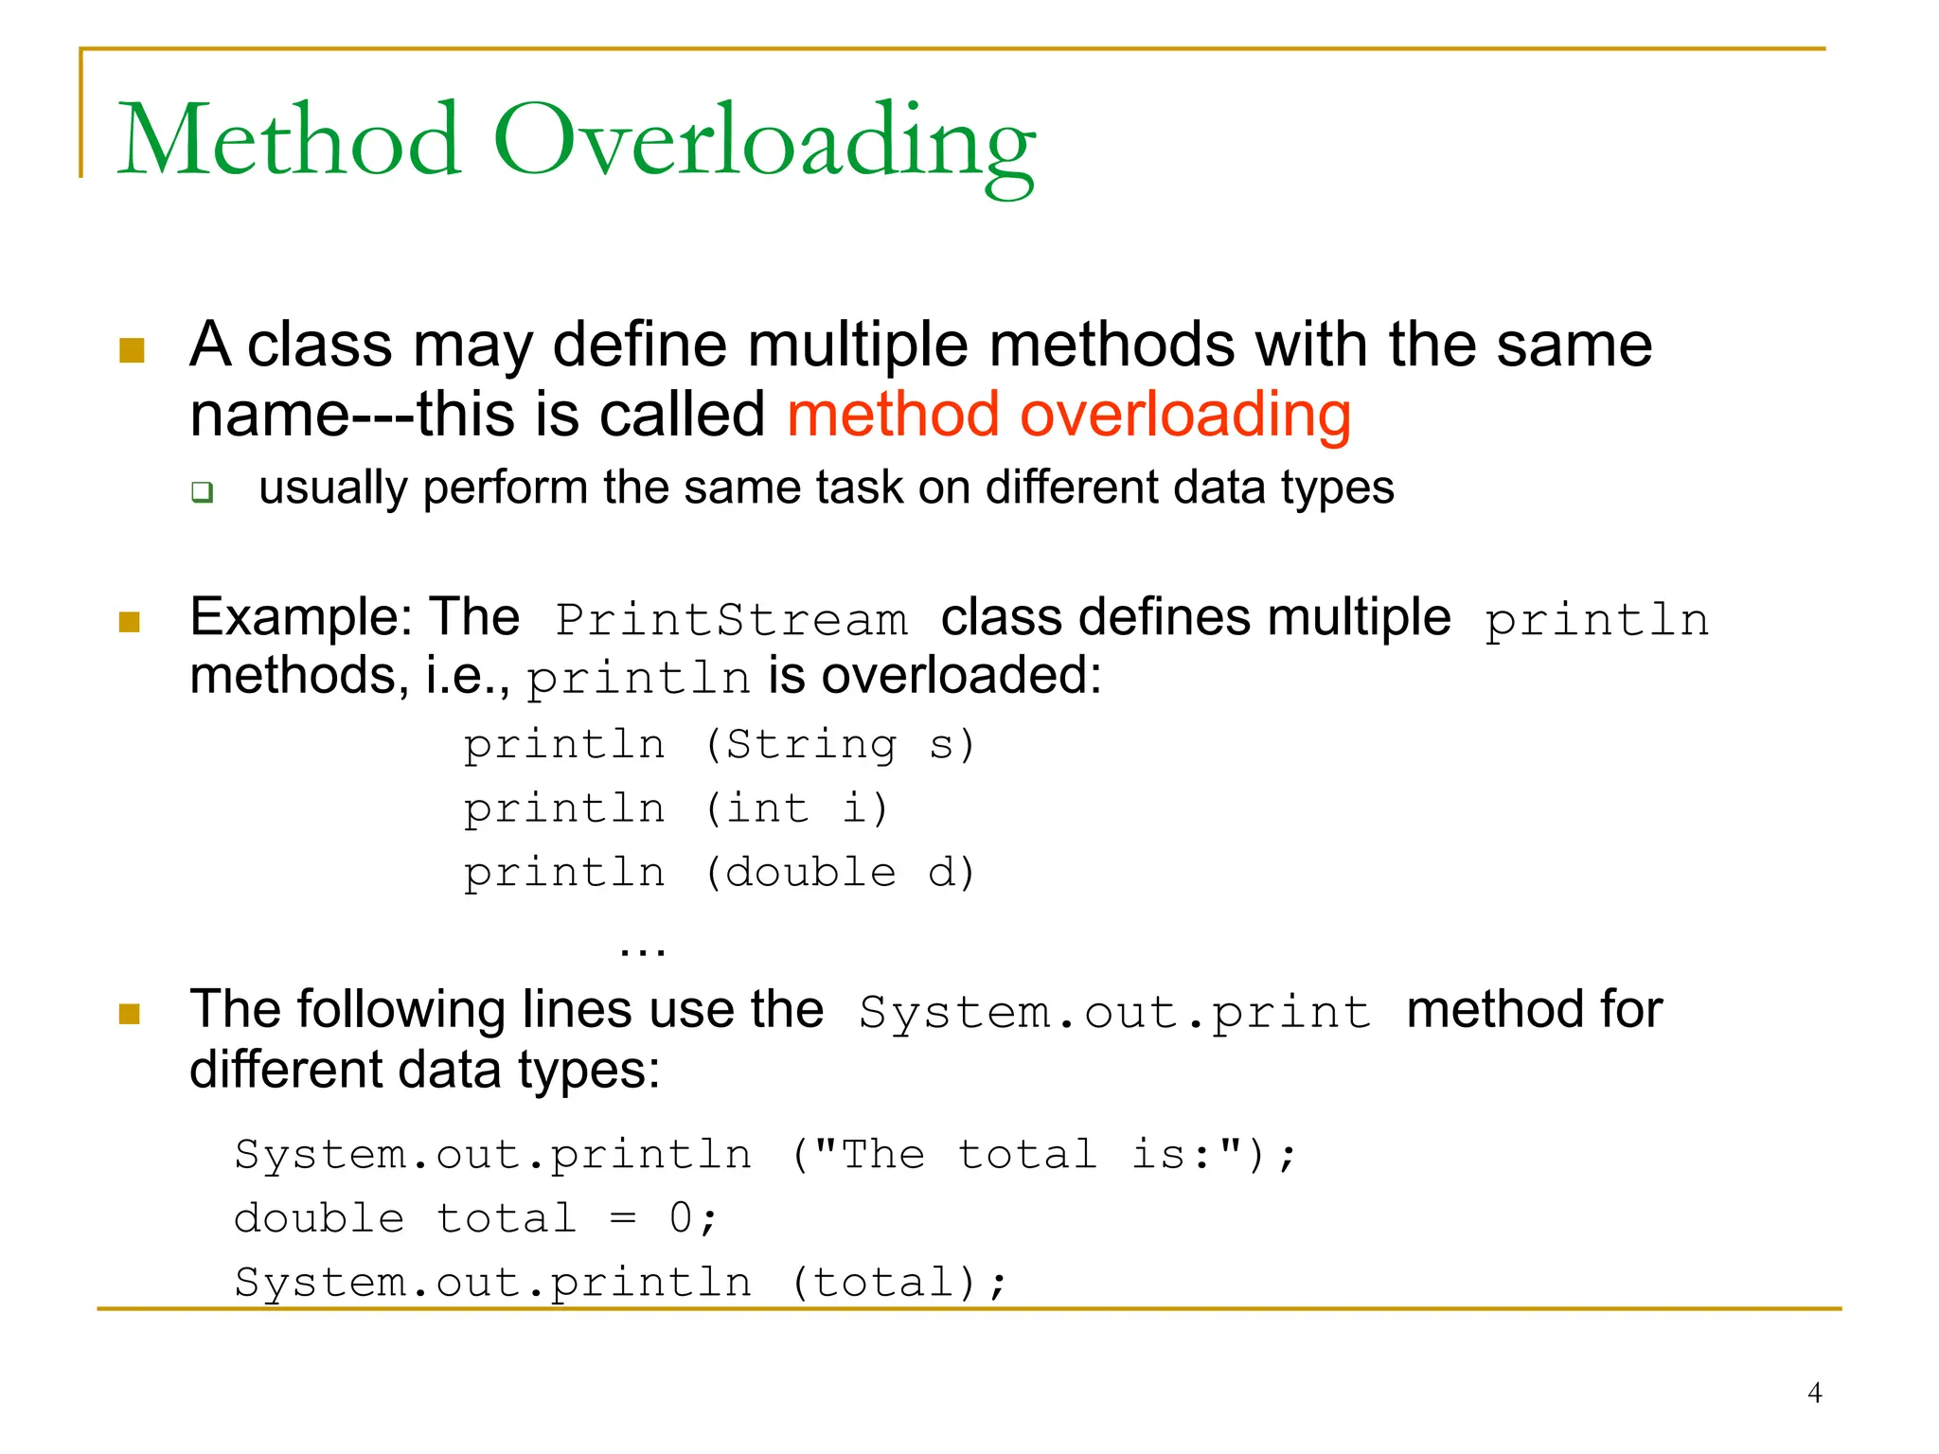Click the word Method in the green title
pyautogui.click(x=289, y=142)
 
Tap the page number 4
pyautogui.click(x=1814, y=1392)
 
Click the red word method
pyautogui.click(x=892, y=415)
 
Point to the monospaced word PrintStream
pyautogui.click(x=731, y=620)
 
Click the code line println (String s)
pyautogui.click(x=719, y=744)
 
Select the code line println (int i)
pyautogui.click(x=676, y=808)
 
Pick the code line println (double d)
pyautogui.click(x=719, y=872)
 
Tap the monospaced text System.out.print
pyautogui.click(x=1114, y=1012)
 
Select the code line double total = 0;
pyautogui.click(x=476, y=1218)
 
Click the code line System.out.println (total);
pyautogui.click(x=620, y=1283)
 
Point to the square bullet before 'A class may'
pyautogui.click(x=132, y=350)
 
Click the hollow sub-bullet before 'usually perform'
pyautogui.click(x=202, y=491)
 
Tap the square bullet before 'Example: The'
pyautogui.click(x=130, y=622)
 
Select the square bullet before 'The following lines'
pyautogui.click(x=130, y=1015)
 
